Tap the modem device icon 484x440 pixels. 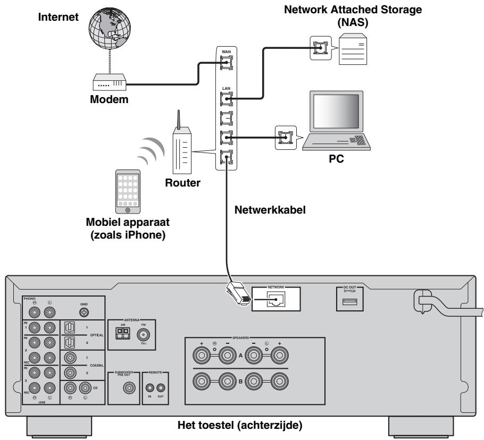(x=110, y=83)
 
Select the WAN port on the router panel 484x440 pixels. (x=226, y=64)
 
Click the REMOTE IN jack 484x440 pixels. (x=150, y=390)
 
